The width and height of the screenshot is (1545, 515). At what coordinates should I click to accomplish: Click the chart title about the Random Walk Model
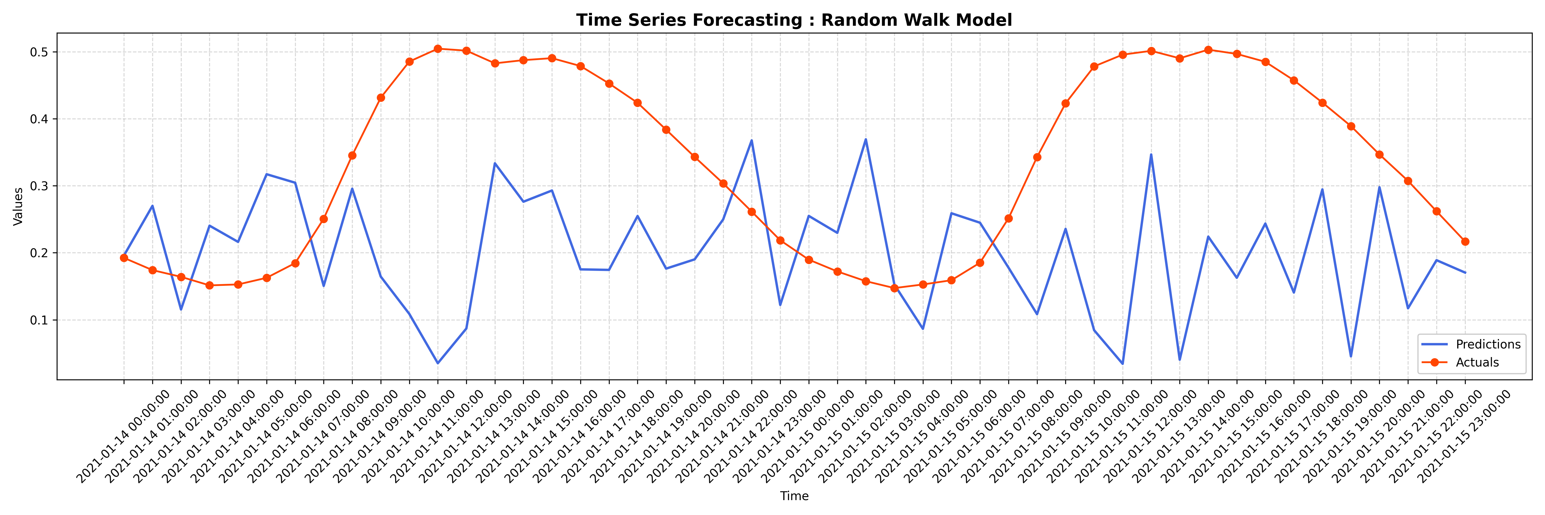(794, 20)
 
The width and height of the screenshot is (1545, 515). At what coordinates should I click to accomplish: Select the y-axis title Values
(18, 206)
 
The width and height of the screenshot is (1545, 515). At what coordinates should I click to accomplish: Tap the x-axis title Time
(794, 496)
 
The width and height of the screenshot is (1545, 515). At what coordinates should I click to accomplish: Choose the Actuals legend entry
(1477, 362)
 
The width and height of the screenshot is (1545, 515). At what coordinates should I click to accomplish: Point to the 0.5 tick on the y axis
(39, 52)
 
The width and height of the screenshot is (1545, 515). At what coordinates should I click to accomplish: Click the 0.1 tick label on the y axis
(39, 320)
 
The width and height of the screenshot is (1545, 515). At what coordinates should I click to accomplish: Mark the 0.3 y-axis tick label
(39, 186)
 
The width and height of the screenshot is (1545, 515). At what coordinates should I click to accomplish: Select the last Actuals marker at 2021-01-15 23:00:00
(1465, 241)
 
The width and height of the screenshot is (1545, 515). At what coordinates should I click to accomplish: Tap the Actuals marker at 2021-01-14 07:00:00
(324, 219)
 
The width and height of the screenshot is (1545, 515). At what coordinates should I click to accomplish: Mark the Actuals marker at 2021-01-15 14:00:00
(1209, 50)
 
